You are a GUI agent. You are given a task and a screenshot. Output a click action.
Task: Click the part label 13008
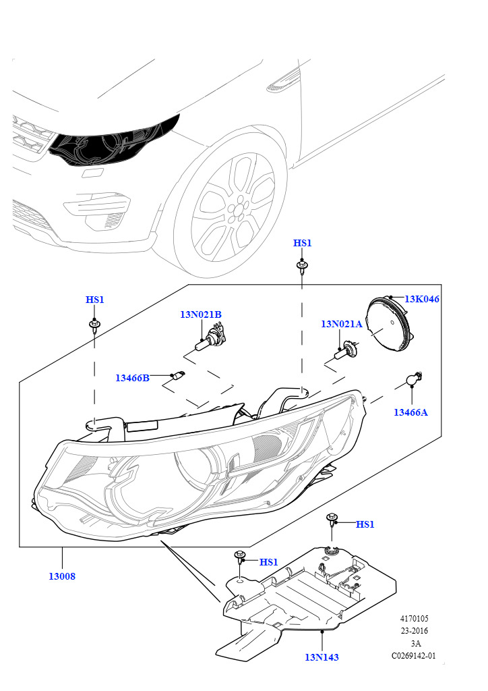(x=61, y=576)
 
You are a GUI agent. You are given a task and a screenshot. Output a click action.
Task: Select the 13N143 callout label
(x=322, y=657)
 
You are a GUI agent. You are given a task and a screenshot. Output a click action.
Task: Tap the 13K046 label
(x=421, y=299)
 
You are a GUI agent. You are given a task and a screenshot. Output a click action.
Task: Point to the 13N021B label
(x=201, y=314)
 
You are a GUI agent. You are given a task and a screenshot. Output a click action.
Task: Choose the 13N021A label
(x=342, y=324)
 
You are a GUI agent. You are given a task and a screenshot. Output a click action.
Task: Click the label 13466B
(x=133, y=378)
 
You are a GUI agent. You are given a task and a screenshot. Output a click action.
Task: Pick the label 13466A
(x=410, y=412)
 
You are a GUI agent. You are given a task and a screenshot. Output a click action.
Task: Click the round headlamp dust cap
(x=389, y=323)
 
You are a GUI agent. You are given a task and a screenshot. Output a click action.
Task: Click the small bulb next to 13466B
(x=179, y=375)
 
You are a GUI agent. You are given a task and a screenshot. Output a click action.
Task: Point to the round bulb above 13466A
(x=414, y=379)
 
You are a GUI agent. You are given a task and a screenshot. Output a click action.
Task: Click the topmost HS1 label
(x=303, y=243)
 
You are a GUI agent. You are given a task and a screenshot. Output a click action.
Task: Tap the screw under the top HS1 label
(x=302, y=267)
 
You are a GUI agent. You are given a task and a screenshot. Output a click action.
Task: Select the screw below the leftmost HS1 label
(x=94, y=326)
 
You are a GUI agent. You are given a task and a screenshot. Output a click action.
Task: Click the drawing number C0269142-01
(x=414, y=655)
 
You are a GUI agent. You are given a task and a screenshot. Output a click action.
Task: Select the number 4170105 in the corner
(x=414, y=618)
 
